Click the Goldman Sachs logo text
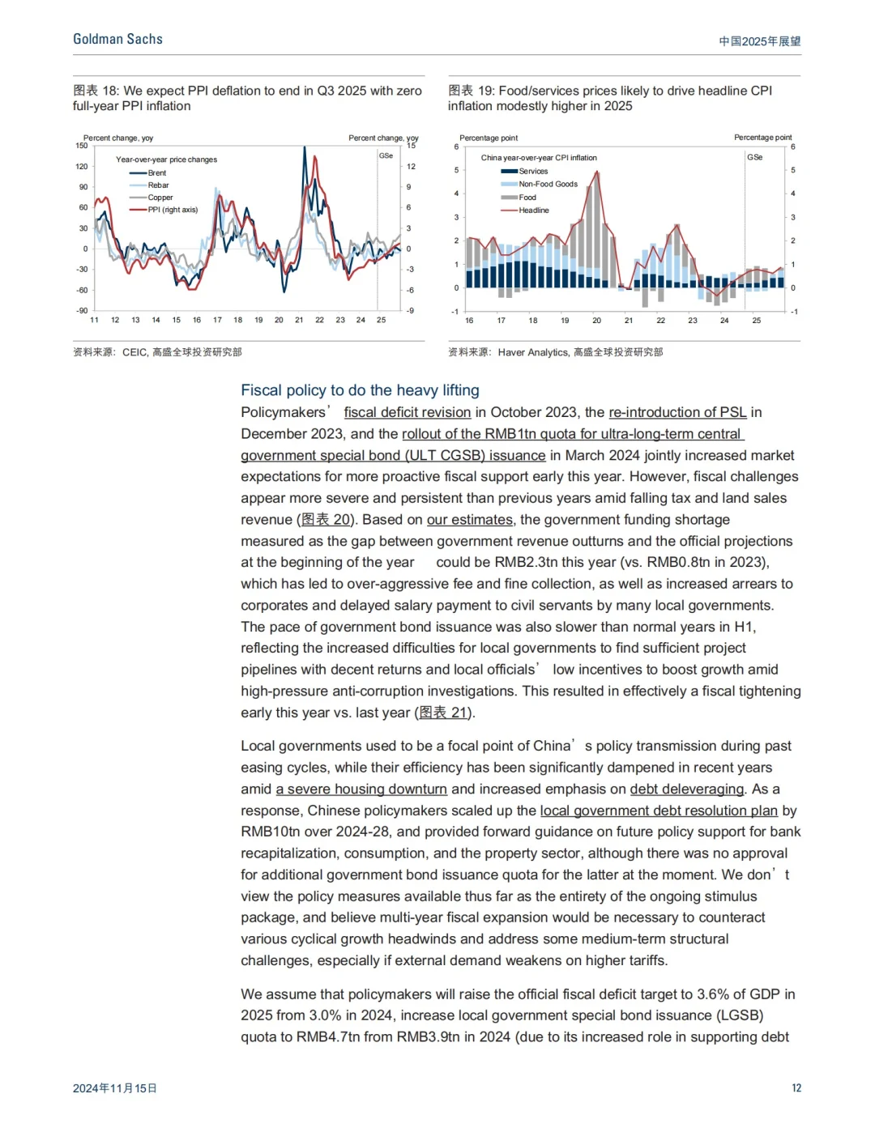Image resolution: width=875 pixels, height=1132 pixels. tap(117, 39)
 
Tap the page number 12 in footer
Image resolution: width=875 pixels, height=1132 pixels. tap(796, 1087)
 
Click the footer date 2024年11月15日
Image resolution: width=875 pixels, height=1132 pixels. tap(115, 1088)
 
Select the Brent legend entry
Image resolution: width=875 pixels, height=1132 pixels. tap(156, 173)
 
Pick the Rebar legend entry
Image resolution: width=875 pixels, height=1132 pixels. tap(158, 185)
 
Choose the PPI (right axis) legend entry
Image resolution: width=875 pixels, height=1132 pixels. tap(172, 210)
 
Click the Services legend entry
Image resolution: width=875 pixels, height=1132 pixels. tap(533, 172)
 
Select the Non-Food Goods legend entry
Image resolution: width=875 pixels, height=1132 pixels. tap(548, 185)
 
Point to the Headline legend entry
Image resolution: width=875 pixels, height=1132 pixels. tap(533, 211)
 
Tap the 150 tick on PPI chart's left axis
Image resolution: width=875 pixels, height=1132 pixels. tap(82, 146)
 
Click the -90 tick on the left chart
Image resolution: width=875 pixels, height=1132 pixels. tap(82, 311)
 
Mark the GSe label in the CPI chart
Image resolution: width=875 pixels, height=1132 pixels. tap(754, 157)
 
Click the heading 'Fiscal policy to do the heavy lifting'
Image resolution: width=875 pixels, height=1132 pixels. tap(360, 390)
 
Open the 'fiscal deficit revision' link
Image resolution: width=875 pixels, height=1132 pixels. tap(407, 412)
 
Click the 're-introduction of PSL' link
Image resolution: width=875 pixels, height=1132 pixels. tap(677, 412)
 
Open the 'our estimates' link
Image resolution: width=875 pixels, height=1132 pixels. tap(469, 520)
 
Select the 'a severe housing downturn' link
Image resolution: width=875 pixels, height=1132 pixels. tap(361, 789)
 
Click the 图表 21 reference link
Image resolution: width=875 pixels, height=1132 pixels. tap(443, 713)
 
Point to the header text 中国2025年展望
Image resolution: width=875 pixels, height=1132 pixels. tap(759, 41)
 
